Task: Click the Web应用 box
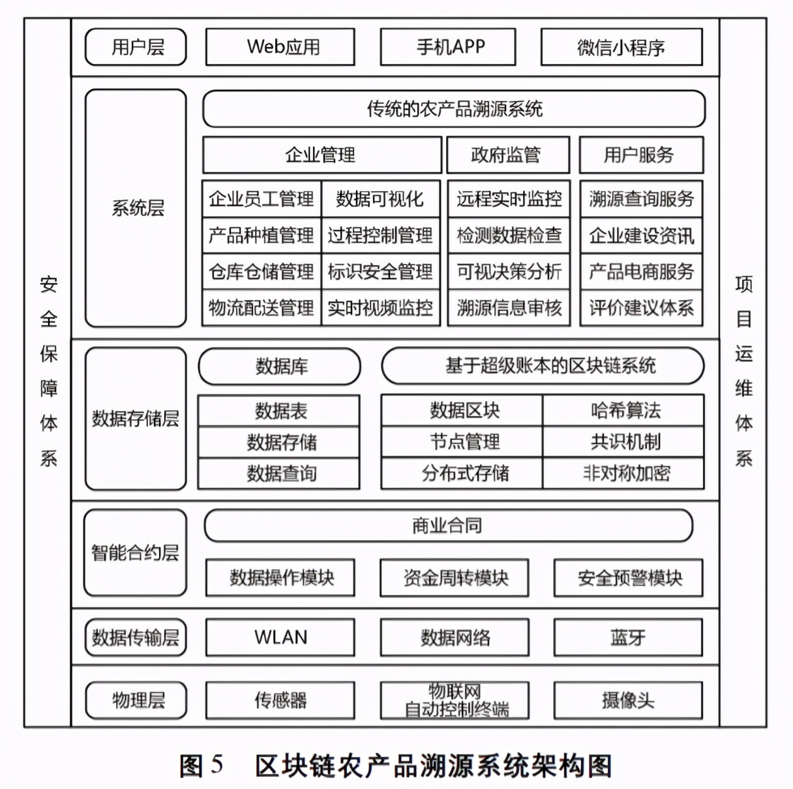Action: pyautogui.click(x=280, y=47)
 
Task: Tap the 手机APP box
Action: pyautogui.click(x=448, y=47)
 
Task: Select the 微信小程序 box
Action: pyautogui.click(x=621, y=47)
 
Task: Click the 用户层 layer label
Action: pyautogui.click(x=136, y=47)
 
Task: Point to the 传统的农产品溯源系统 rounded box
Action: pyautogui.click(x=454, y=109)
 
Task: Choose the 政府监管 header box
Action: pyautogui.click(x=507, y=155)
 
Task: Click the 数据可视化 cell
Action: pyautogui.click(x=380, y=199)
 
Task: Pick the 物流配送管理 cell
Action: pyautogui.click(x=262, y=308)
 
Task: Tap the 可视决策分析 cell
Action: pyautogui.click(x=509, y=272)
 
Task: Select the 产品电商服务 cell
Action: pyautogui.click(x=641, y=272)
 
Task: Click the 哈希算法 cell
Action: pyautogui.click(x=624, y=410)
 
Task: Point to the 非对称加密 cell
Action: pyautogui.click(x=624, y=473)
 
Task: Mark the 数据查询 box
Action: pyautogui.click(x=279, y=473)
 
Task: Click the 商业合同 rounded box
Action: pyautogui.click(x=448, y=526)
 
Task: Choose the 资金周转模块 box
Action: pyautogui.click(x=455, y=578)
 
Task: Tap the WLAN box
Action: pyautogui.click(x=280, y=637)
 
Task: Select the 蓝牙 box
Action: pyautogui.click(x=628, y=637)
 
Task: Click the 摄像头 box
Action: pyautogui.click(x=628, y=700)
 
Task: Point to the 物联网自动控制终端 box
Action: pyautogui.click(x=455, y=700)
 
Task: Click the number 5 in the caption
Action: pyautogui.click(x=217, y=765)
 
